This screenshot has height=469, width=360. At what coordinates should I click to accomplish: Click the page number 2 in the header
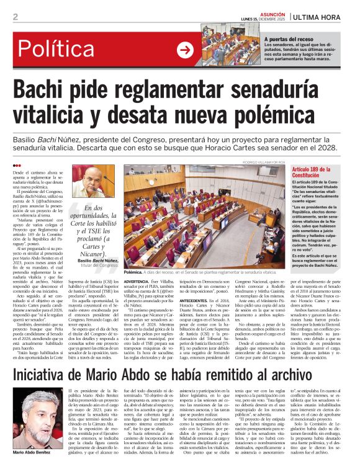click(x=15, y=17)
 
